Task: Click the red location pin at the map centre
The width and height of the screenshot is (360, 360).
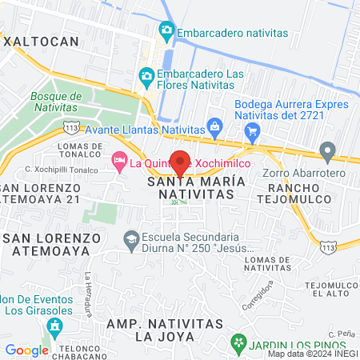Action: click(x=181, y=162)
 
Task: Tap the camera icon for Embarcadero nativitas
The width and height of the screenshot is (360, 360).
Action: click(x=166, y=32)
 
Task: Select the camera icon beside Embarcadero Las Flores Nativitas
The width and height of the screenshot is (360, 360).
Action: click(x=146, y=76)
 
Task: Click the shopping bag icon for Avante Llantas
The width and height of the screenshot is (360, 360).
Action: click(x=214, y=126)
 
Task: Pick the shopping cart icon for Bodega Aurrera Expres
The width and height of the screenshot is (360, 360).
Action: click(x=254, y=132)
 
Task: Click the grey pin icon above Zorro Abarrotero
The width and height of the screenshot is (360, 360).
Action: click(x=326, y=150)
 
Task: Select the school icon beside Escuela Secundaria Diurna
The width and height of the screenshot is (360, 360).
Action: click(x=130, y=238)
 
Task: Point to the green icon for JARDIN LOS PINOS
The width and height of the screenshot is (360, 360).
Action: click(x=238, y=343)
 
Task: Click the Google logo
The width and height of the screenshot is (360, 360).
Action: click(x=26, y=350)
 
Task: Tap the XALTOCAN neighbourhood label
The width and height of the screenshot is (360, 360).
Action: click(x=42, y=39)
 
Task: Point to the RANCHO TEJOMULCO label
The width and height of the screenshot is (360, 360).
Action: click(x=290, y=188)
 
